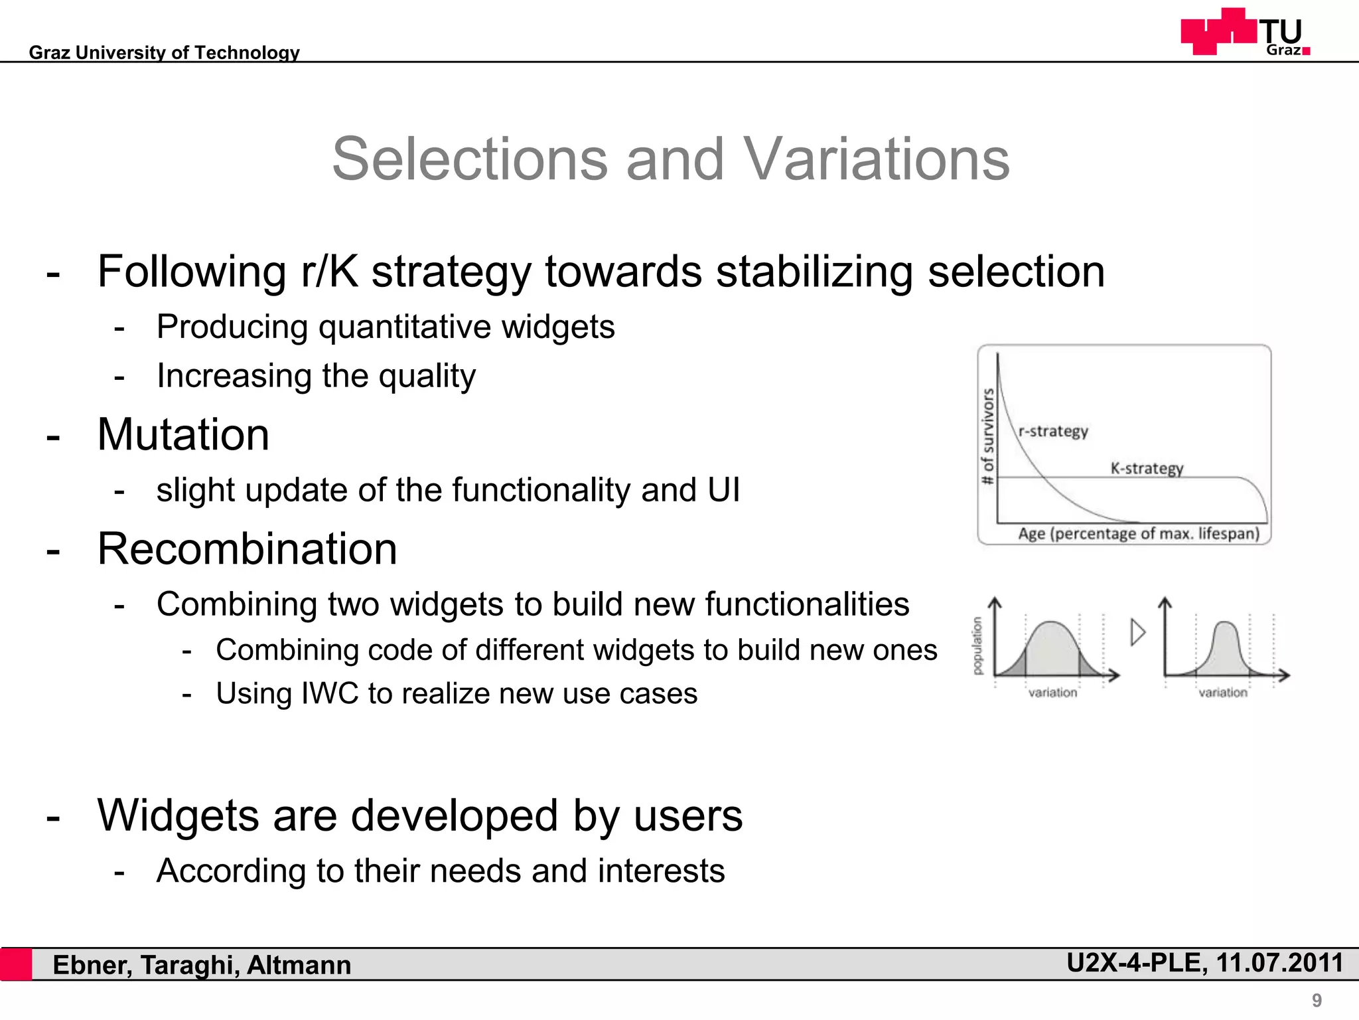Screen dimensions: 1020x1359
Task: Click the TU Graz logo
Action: pos(1245,32)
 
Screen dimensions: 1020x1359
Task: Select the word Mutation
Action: pos(183,435)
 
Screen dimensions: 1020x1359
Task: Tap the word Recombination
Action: pos(247,549)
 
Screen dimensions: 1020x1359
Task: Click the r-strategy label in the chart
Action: pos(1053,432)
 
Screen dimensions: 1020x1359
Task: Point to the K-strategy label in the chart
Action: pos(1147,468)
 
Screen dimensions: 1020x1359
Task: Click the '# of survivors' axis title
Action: pos(988,436)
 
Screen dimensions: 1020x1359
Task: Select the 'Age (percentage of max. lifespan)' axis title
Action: pos(1138,534)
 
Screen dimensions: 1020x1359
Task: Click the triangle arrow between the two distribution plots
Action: pos(1137,632)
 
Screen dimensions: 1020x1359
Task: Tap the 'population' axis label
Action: pos(977,645)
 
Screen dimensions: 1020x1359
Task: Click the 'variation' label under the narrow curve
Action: pos(1222,693)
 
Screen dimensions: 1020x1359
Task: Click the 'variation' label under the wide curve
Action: pos(1052,693)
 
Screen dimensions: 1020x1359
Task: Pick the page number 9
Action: pos(1317,1000)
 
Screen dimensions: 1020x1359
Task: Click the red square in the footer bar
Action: pos(16,964)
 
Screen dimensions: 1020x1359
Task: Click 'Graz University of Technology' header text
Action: pos(164,52)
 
